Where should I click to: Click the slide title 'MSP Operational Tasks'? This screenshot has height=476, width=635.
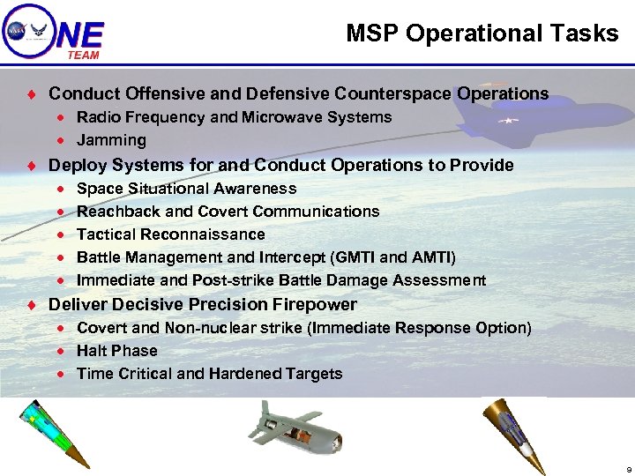(x=482, y=33)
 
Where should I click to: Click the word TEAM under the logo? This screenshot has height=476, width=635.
(x=83, y=55)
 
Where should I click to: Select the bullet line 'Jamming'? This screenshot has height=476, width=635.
(x=111, y=140)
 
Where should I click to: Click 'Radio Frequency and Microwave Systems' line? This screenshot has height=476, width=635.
(x=234, y=117)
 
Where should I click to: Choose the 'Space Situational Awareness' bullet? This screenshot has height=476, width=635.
(x=186, y=189)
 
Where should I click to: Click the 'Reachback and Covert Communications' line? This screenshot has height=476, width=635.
(x=228, y=212)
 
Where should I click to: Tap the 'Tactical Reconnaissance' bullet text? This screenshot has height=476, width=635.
(x=170, y=234)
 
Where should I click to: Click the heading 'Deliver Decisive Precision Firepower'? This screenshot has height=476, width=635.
(x=202, y=305)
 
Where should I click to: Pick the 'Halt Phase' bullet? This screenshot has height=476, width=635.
(x=116, y=351)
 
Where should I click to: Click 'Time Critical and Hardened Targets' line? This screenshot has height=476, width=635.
(x=209, y=374)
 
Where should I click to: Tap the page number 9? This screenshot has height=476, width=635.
(x=627, y=468)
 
